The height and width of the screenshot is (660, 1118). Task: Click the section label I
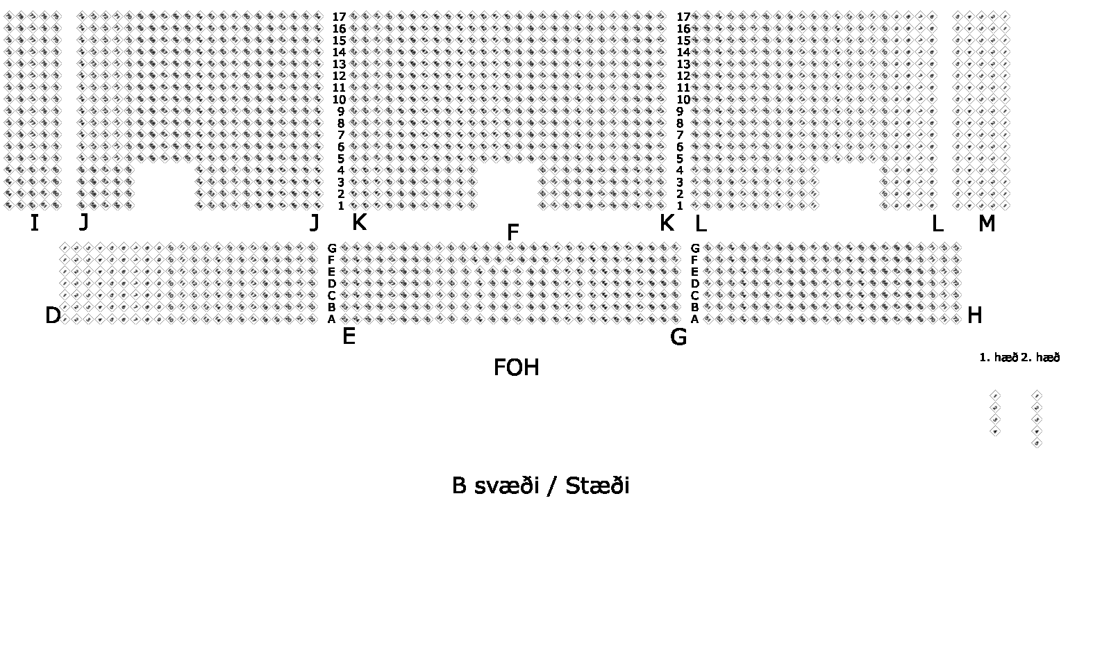point(34,223)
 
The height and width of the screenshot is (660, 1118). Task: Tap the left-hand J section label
point(84,222)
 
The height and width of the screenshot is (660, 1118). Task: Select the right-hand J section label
point(315,222)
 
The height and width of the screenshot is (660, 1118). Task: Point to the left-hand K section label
point(359,222)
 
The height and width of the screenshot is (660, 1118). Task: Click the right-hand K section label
point(666,223)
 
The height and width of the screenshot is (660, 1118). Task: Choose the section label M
point(986,224)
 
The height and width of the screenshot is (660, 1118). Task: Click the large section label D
point(53,315)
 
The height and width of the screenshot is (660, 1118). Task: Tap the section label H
point(974,315)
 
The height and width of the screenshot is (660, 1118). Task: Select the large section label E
point(349,337)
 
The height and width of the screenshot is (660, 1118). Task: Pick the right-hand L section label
point(937,224)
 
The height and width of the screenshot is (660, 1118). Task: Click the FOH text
point(516,368)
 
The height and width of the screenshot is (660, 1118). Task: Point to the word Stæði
point(597,486)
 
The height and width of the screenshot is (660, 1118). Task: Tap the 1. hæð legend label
point(998,358)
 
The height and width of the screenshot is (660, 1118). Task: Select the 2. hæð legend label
point(1040,358)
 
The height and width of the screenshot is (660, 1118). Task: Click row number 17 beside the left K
point(339,17)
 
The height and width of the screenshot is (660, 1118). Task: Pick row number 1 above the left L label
point(680,206)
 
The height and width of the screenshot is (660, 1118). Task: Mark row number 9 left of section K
point(341,111)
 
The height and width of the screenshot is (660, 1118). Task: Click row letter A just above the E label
point(332,320)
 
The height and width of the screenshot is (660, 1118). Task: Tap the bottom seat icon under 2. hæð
point(1037,443)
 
